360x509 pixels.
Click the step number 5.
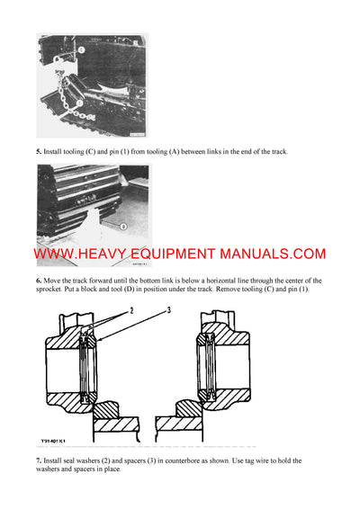(39, 152)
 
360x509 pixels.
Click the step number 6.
(39, 281)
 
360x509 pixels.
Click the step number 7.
(39, 460)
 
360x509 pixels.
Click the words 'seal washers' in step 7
(85, 460)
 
